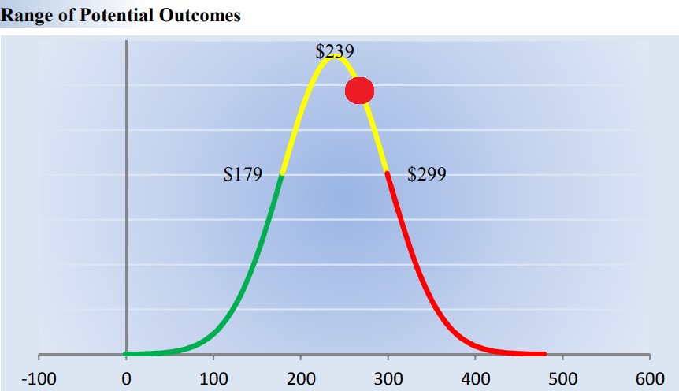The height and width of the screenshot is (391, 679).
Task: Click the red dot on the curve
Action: pyautogui.click(x=359, y=91)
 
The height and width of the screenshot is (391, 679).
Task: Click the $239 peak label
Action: pyautogui.click(x=335, y=51)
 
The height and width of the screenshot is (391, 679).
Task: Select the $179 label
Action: pyautogui.click(x=243, y=174)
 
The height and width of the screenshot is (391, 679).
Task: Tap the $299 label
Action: pyautogui.click(x=426, y=174)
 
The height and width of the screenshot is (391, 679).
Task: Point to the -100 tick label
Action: pyautogui.click(x=38, y=378)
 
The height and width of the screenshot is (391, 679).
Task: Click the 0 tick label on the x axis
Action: pyautogui.click(x=126, y=378)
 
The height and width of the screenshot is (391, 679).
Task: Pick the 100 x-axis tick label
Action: pyautogui.click(x=213, y=378)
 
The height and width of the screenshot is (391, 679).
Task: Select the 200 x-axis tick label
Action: pyautogui.click(x=301, y=378)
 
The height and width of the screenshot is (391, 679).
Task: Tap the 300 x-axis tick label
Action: pyautogui.click(x=388, y=378)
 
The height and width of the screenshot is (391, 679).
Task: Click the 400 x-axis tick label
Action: pyautogui.click(x=476, y=378)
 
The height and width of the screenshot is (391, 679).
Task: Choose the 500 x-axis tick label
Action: pyautogui.click(x=563, y=378)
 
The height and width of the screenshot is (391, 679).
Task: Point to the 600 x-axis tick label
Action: pyautogui.click(x=650, y=378)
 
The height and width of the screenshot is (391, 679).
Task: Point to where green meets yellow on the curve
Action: pyautogui.click(x=281, y=174)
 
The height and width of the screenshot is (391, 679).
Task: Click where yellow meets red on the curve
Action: pyautogui.click(x=387, y=172)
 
